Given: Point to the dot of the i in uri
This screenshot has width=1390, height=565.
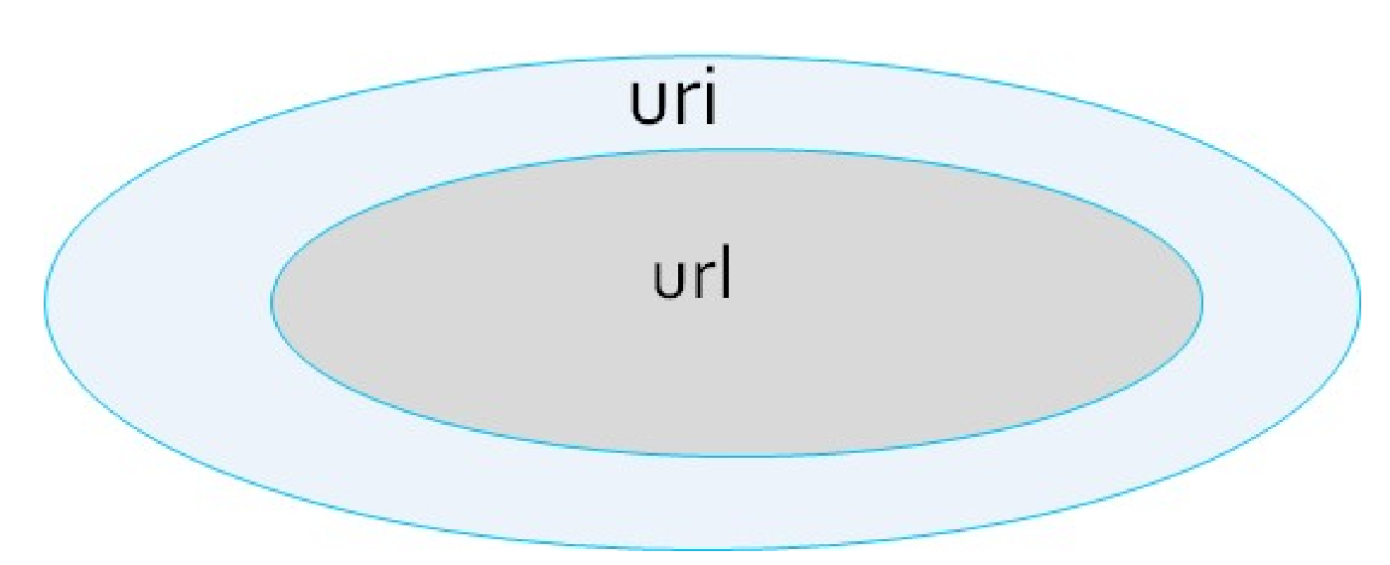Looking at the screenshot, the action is click(x=707, y=78).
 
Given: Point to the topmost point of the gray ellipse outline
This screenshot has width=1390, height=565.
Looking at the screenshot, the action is click(x=735, y=149).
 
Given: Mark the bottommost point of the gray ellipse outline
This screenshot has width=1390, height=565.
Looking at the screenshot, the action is click(x=735, y=455).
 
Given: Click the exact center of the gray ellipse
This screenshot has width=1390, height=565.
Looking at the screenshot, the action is click(x=737, y=302).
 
